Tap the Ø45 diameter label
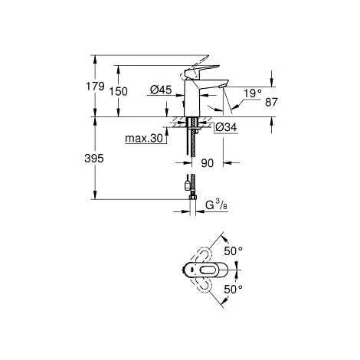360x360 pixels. click(x=160, y=91)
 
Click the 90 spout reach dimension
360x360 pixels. click(x=207, y=163)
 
